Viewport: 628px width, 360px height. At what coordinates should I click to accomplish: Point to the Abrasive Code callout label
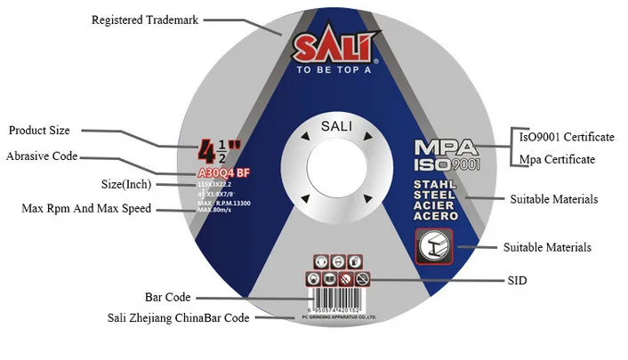tap(42, 156)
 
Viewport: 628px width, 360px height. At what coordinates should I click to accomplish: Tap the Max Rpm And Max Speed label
tap(86, 209)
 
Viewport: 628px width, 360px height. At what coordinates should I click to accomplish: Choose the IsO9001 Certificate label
tap(567, 137)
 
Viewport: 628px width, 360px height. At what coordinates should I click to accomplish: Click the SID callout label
tap(518, 280)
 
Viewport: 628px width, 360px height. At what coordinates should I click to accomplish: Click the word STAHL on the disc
tap(436, 183)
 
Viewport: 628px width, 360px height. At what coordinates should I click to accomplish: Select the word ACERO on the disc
tap(437, 215)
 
